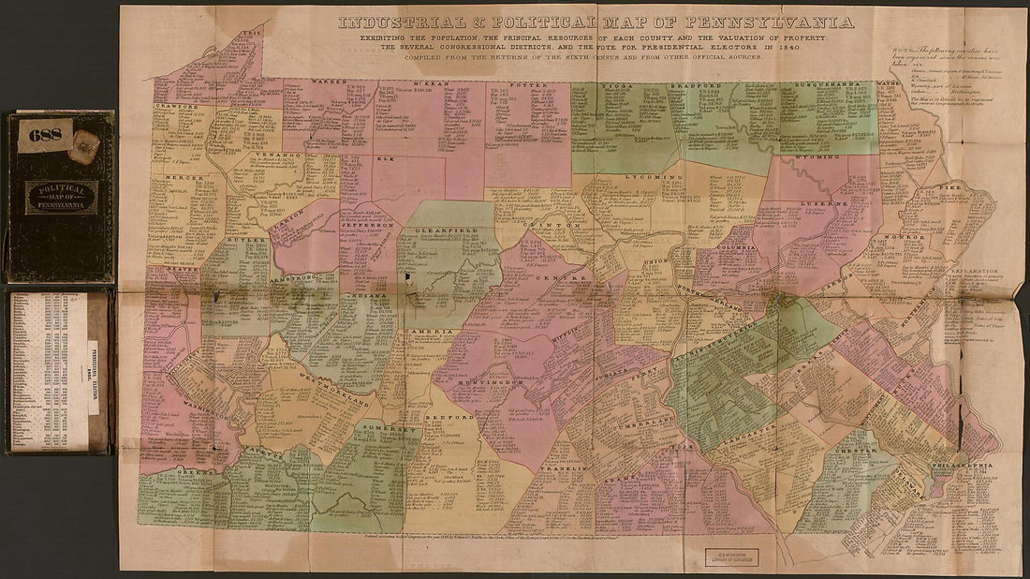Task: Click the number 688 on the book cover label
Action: coord(44,135)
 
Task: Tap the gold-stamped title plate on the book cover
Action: coord(61,197)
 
